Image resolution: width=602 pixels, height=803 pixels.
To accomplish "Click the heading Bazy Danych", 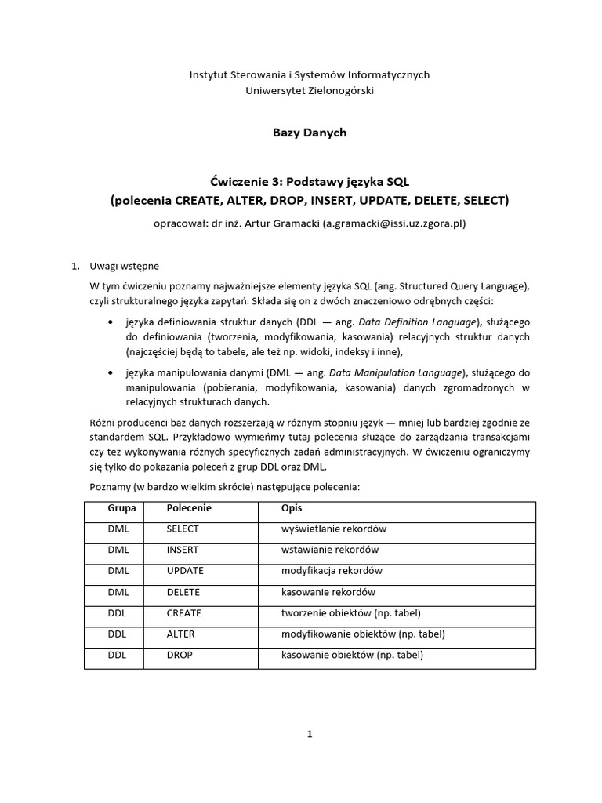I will coord(309,133).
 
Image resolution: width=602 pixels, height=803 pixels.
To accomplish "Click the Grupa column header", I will coord(121,508).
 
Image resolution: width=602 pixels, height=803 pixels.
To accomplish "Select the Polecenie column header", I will coord(189,508).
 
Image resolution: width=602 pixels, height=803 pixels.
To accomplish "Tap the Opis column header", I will coord(292,508).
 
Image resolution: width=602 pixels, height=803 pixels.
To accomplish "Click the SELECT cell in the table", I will coord(183,529).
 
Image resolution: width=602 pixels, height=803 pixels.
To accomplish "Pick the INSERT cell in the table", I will coord(183,550).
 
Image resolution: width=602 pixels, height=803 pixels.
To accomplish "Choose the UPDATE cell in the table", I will coord(185,571).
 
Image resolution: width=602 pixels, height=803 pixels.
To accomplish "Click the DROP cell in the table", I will coord(180,655).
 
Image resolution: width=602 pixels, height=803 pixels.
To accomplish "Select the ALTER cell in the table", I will coord(180,634).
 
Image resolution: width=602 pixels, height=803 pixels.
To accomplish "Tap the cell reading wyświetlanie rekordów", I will coord(333,529).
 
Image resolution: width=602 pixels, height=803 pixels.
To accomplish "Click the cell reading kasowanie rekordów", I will coord(328,592).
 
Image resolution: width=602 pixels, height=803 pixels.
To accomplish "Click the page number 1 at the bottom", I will coord(310,735).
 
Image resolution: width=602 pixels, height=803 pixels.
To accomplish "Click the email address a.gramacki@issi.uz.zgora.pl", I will coord(394,223).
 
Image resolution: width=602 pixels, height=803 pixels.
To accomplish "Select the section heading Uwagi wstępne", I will coord(125,266).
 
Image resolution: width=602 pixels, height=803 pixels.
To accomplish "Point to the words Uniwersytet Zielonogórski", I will coord(310,91).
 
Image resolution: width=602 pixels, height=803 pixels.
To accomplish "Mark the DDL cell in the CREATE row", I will coord(118,613).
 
